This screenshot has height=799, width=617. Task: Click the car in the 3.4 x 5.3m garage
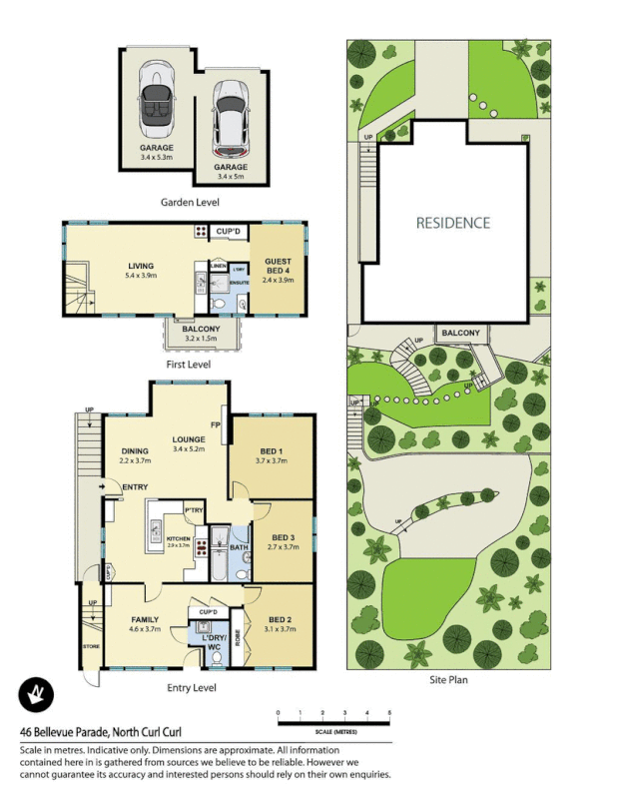coord(157,97)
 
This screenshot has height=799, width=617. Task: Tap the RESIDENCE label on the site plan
coord(453,223)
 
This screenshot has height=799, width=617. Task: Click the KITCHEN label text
coord(179,539)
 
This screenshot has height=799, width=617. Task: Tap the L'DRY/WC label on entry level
coord(213,642)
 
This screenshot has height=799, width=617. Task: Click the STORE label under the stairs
coord(91,647)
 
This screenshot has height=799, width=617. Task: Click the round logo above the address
coord(36,695)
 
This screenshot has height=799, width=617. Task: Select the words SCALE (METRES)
coord(333,731)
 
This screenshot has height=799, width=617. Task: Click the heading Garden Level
coord(190,202)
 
